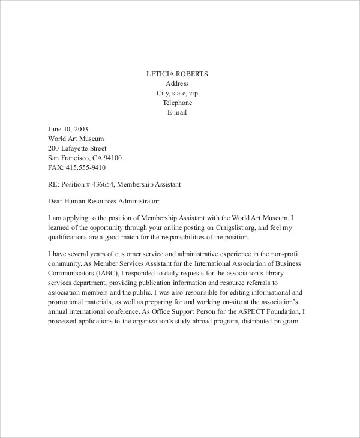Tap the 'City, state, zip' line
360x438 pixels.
177,93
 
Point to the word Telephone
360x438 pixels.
177,103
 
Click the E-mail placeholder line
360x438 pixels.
177,112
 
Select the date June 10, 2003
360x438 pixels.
68,129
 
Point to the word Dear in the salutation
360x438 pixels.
56,202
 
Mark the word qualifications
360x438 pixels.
69,237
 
